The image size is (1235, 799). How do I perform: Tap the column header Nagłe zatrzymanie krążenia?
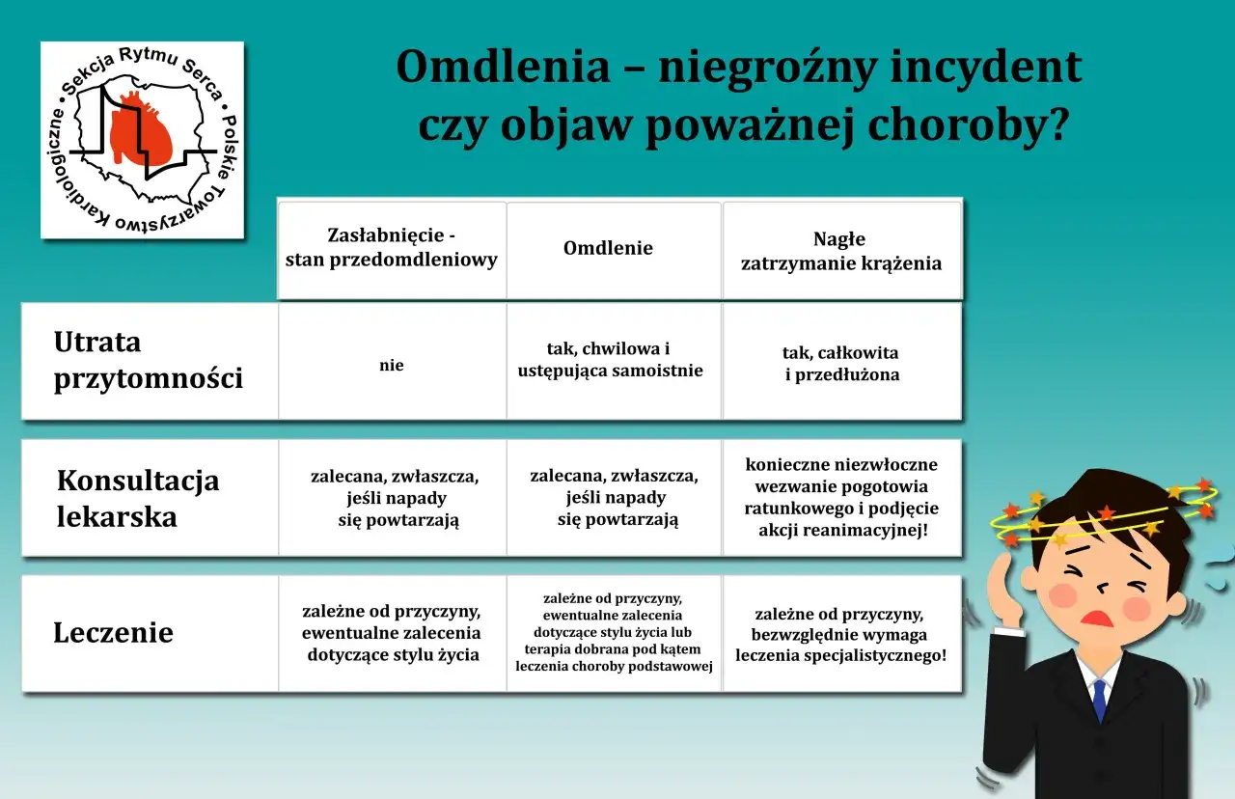coord(841,251)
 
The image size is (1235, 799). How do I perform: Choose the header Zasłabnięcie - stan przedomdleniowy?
coord(392,248)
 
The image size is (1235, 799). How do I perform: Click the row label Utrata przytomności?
coord(148,360)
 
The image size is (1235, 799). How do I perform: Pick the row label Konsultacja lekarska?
coord(138,498)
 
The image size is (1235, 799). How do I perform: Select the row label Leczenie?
coord(113,633)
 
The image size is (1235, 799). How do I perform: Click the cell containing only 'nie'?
coord(392,366)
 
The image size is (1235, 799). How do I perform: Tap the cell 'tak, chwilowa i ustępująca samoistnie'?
coord(613,359)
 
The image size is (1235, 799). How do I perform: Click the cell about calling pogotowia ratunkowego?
coord(841,497)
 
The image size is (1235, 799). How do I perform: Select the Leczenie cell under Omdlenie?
coord(614,632)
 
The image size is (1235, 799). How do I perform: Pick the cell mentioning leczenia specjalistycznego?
coord(841,634)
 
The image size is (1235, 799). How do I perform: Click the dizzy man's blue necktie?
coord(1099,699)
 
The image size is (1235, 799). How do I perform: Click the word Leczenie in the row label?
coord(113,633)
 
